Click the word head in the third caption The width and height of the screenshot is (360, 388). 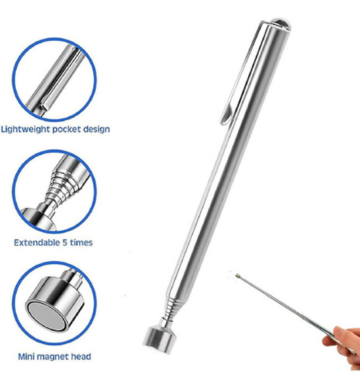[81, 357]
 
